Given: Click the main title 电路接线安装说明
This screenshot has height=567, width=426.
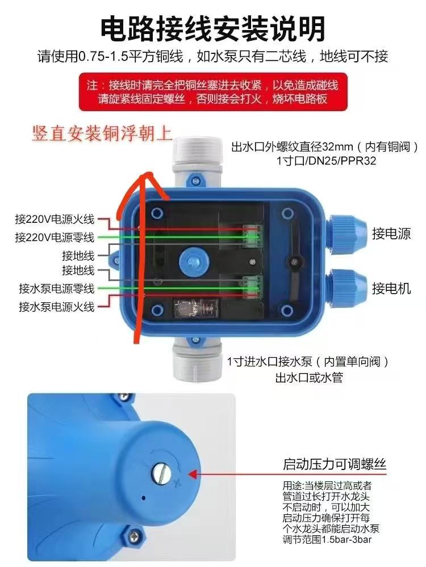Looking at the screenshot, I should click(x=213, y=27).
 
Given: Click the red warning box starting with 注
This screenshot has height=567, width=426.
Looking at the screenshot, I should click(x=213, y=93).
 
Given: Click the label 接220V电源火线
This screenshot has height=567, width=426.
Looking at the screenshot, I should click(x=55, y=219).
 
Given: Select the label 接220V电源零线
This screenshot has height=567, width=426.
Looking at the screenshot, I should click(x=55, y=236).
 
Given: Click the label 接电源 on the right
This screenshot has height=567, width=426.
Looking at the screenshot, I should click(x=391, y=233).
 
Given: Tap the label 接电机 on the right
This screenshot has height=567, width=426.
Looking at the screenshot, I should click(x=391, y=289).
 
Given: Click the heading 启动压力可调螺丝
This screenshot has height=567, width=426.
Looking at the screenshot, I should click(x=335, y=465).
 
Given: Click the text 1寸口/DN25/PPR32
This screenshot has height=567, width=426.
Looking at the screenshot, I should click(x=327, y=161).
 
